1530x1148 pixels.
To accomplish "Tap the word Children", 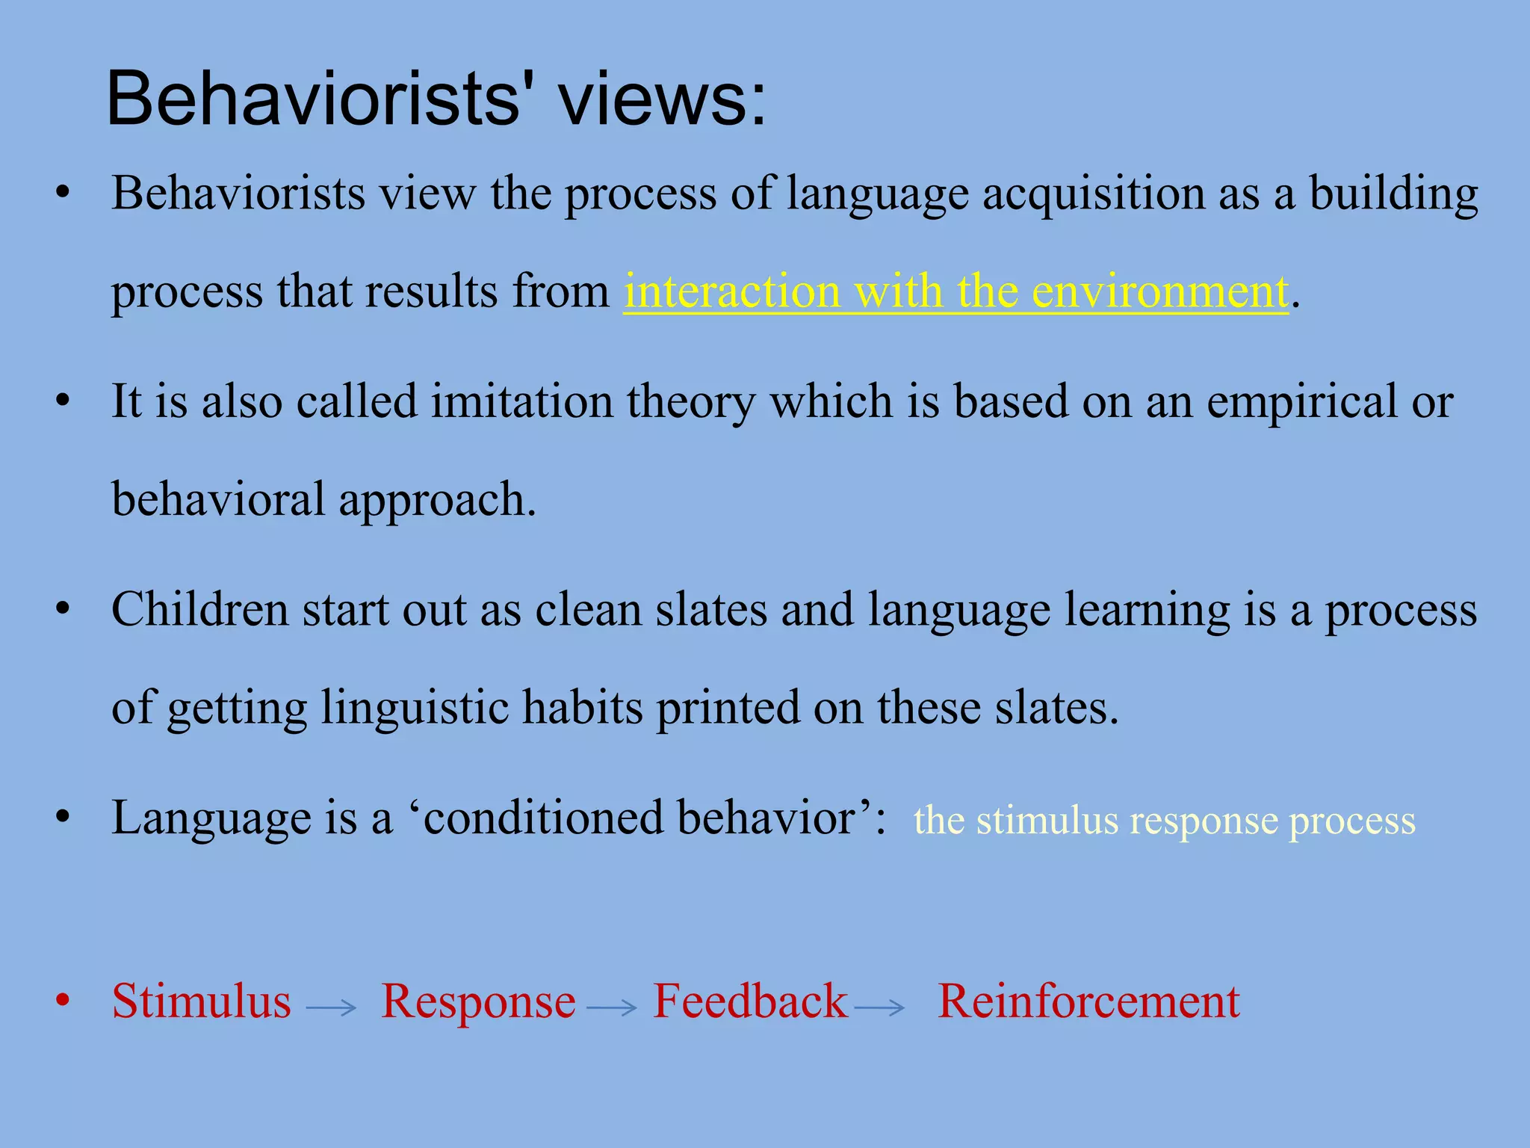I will (x=199, y=609).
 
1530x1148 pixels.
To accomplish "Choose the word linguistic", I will (x=414, y=707).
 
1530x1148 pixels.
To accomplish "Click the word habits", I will (x=582, y=707).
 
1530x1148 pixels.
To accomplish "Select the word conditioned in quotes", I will (x=542, y=818).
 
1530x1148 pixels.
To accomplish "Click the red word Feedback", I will (x=750, y=1002).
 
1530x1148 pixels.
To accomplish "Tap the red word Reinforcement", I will (x=1088, y=1002).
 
